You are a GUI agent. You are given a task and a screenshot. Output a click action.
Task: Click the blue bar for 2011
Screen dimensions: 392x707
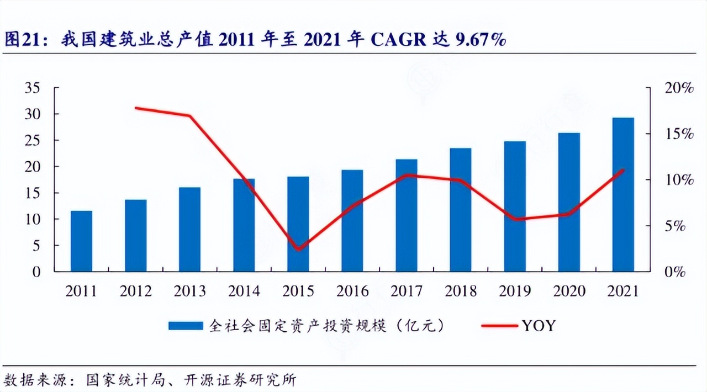click(x=82, y=241)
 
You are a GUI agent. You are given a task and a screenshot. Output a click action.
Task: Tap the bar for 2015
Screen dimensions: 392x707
click(x=298, y=224)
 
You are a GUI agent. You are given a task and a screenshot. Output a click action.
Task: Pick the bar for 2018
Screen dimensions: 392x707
click(x=461, y=210)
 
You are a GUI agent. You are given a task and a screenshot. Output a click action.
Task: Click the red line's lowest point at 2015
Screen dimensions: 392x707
click(x=298, y=250)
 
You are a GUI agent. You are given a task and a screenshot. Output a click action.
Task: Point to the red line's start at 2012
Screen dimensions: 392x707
click(x=136, y=108)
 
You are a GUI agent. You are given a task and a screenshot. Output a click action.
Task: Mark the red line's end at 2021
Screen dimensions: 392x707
click(x=623, y=170)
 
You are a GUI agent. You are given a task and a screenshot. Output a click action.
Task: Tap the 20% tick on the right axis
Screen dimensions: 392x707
click(x=678, y=88)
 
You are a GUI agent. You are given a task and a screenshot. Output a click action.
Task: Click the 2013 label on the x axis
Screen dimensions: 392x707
click(x=189, y=291)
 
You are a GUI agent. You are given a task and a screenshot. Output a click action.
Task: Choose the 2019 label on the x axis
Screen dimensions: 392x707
click(x=514, y=291)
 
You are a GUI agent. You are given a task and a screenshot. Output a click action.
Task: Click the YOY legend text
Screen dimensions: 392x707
click(x=538, y=326)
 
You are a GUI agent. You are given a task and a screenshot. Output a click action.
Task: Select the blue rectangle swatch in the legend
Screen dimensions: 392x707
click(x=186, y=326)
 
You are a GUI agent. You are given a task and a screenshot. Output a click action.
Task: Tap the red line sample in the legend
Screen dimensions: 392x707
click(x=500, y=326)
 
